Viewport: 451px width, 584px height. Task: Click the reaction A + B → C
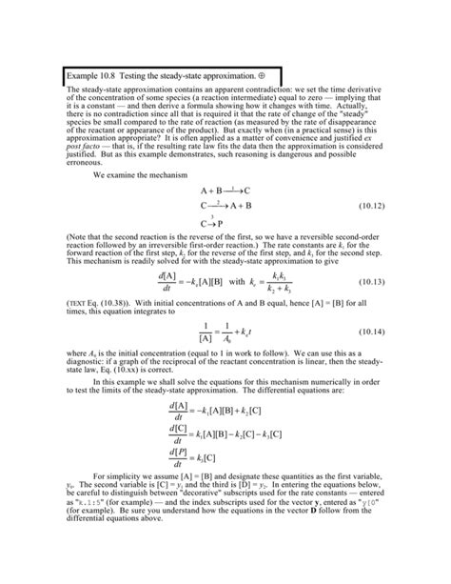click(x=225, y=191)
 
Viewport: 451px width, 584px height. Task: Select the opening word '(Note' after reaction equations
click(x=77, y=237)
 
